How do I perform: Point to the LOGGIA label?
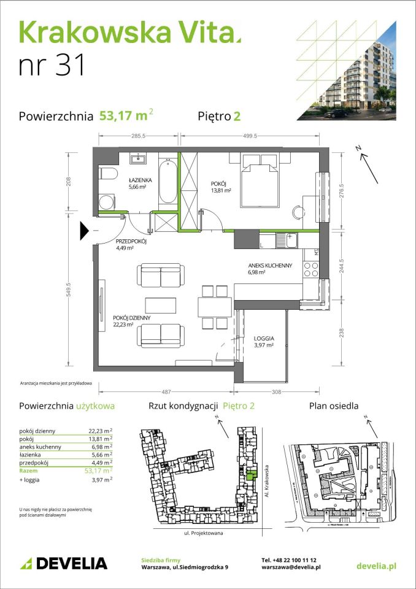pyautogui.click(x=263, y=338)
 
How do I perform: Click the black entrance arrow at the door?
pyautogui.click(x=85, y=231)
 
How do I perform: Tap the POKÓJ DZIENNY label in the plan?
pyautogui.click(x=132, y=317)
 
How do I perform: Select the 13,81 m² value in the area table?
pyautogui.click(x=101, y=439)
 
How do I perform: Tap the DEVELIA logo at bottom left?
pyautogui.click(x=64, y=563)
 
